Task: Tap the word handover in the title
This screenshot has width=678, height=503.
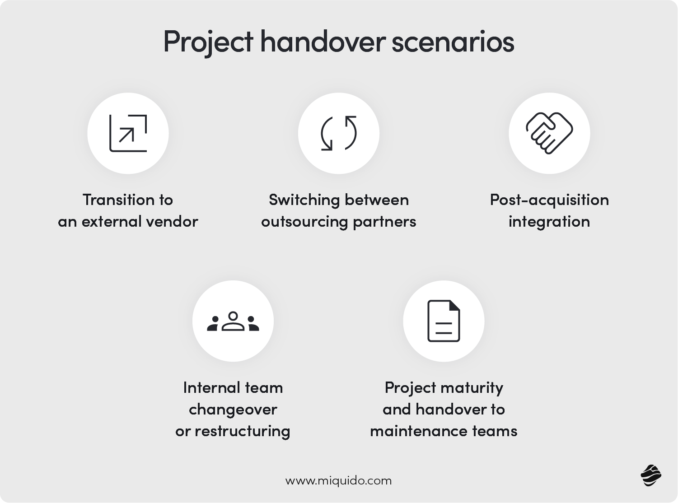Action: point(322,42)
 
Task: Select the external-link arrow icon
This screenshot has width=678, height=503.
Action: point(128,133)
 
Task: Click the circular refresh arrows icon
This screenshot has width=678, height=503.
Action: point(339,133)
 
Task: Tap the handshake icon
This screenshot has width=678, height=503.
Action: point(549,133)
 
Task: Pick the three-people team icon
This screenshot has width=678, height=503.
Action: point(233,321)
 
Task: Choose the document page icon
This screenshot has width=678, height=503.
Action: point(444,321)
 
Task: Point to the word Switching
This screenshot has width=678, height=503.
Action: point(304,200)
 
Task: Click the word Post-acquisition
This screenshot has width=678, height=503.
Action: point(549,200)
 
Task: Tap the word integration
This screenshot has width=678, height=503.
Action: point(549,221)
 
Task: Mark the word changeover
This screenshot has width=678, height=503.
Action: point(233,409)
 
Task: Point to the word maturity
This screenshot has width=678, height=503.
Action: point(472,387)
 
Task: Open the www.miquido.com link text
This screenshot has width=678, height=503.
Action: point(338,480)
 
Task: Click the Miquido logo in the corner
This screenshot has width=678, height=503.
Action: point(651,475)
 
